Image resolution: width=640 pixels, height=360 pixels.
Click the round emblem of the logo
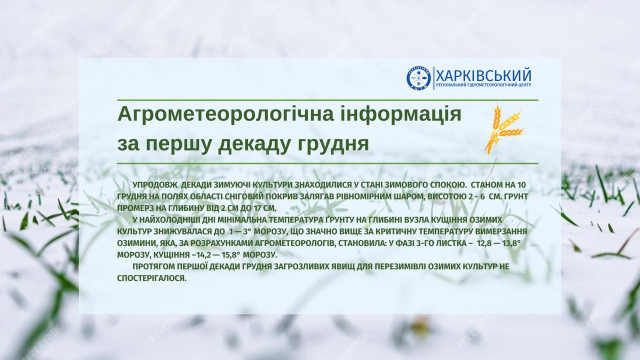pos(418,78)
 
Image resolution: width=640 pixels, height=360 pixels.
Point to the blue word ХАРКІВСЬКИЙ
pos(483,75)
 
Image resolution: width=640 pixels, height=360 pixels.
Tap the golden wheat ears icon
pos(502,128)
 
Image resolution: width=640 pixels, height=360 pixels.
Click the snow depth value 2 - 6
pos(474,196)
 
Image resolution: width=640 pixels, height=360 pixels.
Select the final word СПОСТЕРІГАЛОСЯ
pos(152,278)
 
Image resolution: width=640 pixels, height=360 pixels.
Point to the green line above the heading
pos(327,100)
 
